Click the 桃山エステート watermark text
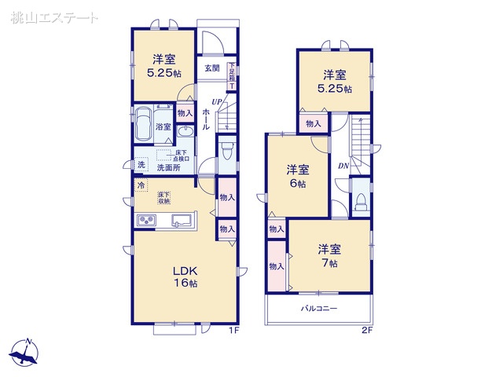56,16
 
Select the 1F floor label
233,331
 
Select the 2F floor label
365,331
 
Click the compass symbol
26,354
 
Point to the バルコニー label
319,309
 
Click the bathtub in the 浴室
144,124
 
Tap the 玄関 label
212,68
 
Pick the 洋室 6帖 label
297,176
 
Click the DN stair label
343,167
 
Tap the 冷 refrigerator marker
141,185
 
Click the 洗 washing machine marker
141,165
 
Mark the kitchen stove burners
148,219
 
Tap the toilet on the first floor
225,149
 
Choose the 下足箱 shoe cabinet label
232,75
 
